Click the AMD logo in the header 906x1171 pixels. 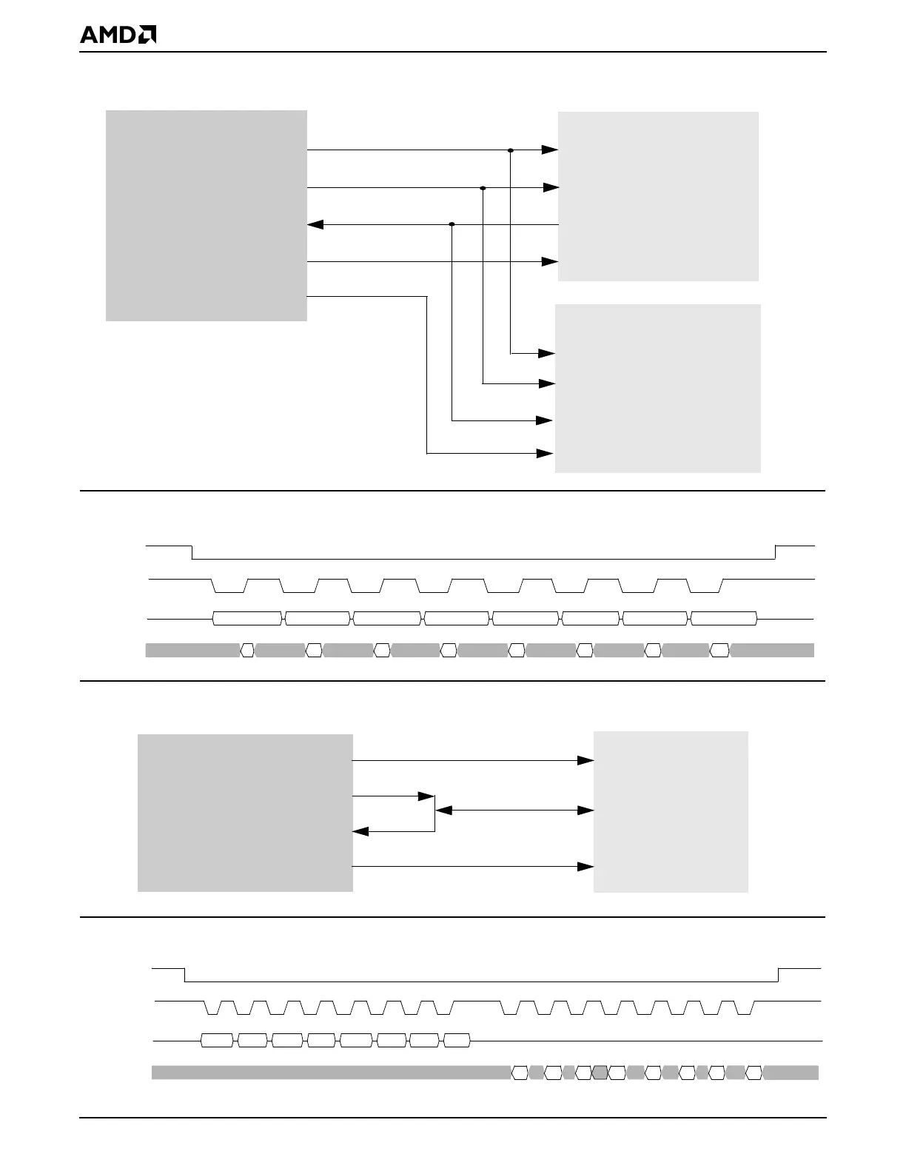(118, 35)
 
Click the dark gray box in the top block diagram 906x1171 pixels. (206, 215)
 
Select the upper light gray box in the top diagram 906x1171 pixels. (658, 196)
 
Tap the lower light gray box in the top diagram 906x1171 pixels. (657, 388)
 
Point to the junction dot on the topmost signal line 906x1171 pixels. (511, 150)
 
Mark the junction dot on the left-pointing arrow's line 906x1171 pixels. (452, 224)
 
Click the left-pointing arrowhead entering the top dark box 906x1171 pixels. (315, 224)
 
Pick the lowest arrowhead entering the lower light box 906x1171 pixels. (545, 452)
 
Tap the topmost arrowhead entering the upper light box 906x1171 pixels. (549, 150)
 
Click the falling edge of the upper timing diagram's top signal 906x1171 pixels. (192, 552)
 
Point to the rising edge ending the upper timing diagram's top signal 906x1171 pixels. (776, 552)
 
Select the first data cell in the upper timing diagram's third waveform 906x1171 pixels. (247, 618)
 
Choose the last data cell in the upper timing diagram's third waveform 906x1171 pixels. (724, 618)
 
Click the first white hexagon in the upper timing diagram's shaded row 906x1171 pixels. (247, 651)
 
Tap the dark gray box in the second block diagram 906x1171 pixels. (245, 813)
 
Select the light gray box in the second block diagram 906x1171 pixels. (671, 812)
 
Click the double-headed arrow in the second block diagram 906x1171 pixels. (514, 811)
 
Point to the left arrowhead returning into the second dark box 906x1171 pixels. (360, 831)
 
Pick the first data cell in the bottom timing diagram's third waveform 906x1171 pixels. (217, 1041)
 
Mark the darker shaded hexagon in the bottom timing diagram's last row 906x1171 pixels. (600, 1073)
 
